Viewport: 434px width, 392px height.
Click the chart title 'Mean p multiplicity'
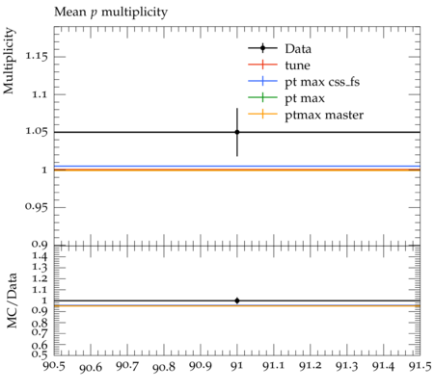[x=111, y=13]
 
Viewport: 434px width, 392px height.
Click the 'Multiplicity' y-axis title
[x=9, y=61]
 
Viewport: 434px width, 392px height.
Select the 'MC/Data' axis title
[x=12, y=301]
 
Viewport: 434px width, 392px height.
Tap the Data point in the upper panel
[x=237, y=132]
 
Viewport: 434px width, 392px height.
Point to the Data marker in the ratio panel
[x=237, y=301]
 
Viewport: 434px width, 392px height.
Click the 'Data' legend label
[x=298, y=49]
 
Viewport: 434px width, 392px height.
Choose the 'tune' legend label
[x=297, y=65]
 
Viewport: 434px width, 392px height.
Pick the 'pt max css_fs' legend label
[x=322, y=82]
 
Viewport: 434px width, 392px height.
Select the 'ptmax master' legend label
[x=324, y=116]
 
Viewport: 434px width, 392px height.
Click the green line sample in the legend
[x=262, y=97]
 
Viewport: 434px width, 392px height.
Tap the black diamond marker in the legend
[x=262, y=48]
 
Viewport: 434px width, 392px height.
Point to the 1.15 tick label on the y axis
[x=37, y=57]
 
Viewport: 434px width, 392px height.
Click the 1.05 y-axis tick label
[x=37, y=132]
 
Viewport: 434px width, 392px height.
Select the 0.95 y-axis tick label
[x=37, y=207]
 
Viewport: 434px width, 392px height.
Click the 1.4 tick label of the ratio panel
[x=40, y=256]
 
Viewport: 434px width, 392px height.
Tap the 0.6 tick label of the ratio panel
[x=40, y=345]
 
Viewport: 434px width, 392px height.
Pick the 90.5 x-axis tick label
[x=54, y=366]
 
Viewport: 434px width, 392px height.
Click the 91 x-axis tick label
[x=237, y=366]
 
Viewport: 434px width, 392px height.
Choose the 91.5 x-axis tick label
[x=420, y=366]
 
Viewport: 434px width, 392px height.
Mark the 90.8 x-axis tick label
[x=164, y=367]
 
